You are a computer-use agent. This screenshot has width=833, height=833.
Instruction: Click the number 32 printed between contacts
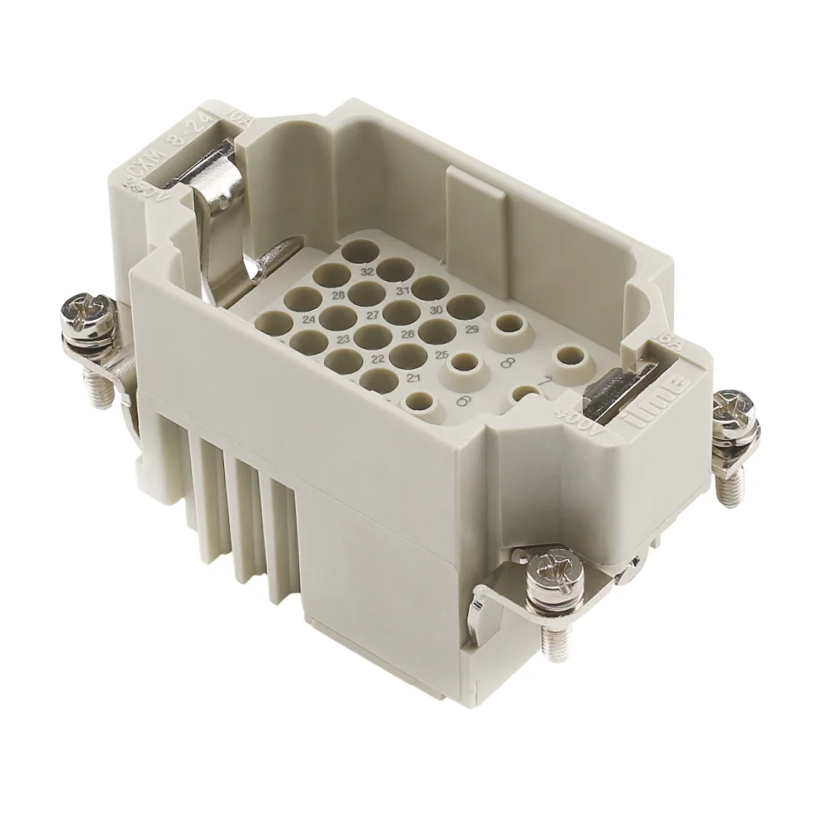click(x=367, y=272)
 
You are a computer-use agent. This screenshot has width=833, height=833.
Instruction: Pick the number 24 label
click(x=308, y=320)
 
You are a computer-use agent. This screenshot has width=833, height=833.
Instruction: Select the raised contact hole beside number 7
click(x=571, y=356)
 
